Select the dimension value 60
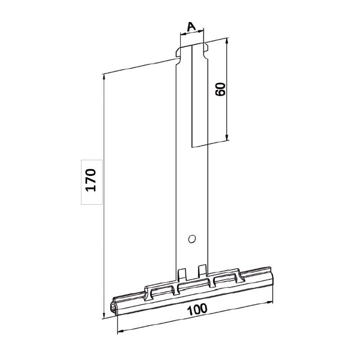(220, 89)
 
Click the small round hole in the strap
(192, 237)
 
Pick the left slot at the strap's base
(182, 274)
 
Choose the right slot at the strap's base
(202, 270)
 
